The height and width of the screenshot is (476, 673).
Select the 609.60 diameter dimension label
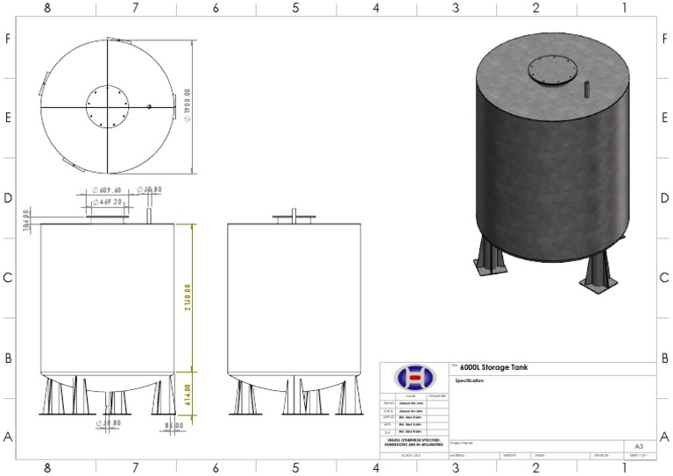110,189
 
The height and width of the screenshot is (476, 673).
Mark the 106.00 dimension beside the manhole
27,216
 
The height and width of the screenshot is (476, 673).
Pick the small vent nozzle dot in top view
150,107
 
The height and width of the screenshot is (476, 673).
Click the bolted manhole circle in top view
107,106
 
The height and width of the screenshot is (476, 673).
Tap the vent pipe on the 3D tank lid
586,89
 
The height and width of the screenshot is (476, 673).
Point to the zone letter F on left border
8,39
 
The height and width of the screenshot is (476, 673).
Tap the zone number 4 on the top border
376,8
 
